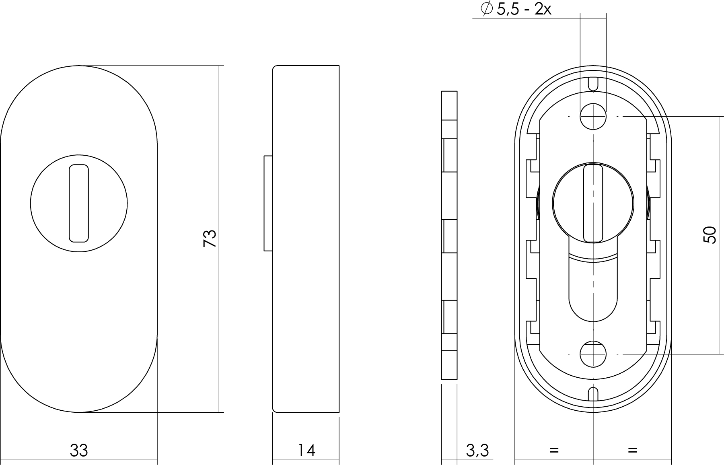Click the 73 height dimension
(210, 239)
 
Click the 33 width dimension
(79, 451)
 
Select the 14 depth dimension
(306, 451)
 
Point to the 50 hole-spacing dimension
(710, 235)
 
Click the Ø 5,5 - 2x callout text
(516, 9)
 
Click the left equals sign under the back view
(554, 450)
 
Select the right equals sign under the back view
(632, 450)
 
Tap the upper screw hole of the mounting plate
(593, 116)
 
